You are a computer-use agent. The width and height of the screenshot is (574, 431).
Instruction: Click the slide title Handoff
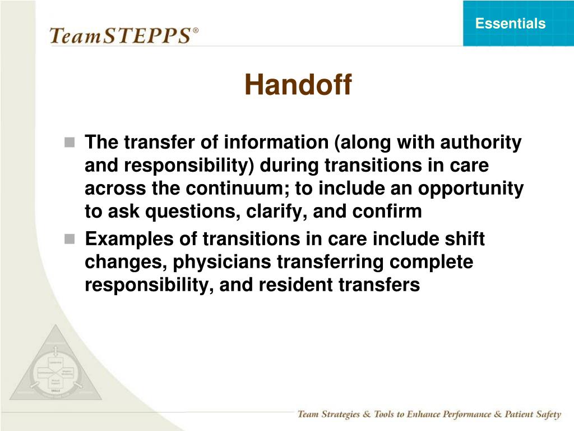(x=298, y=85)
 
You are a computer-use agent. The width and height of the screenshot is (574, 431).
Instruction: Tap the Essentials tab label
(x=510, y=24)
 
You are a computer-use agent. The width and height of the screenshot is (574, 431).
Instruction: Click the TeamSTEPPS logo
(x=120, y=36)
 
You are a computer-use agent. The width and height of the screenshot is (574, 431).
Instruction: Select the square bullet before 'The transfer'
(x=69, y=143)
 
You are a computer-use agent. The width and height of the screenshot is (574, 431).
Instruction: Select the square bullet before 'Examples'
(x=69, y=240)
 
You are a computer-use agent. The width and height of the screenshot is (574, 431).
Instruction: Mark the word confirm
(x=387, y=212)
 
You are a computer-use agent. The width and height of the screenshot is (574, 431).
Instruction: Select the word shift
(x=464, y=239)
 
